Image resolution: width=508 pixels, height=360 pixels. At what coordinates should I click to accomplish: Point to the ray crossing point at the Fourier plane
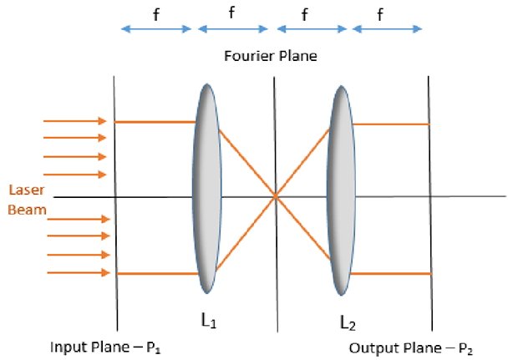pyautogui.click(x=275, y=197)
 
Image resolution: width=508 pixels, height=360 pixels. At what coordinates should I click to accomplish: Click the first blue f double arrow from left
pyautogui.click(x=156, y=29)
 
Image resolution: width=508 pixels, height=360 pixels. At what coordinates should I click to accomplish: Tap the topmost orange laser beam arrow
pyautogui.click(x=75, y=119)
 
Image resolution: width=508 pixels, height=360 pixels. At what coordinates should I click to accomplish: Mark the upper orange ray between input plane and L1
pyautogui.click(x=155, y=122)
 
